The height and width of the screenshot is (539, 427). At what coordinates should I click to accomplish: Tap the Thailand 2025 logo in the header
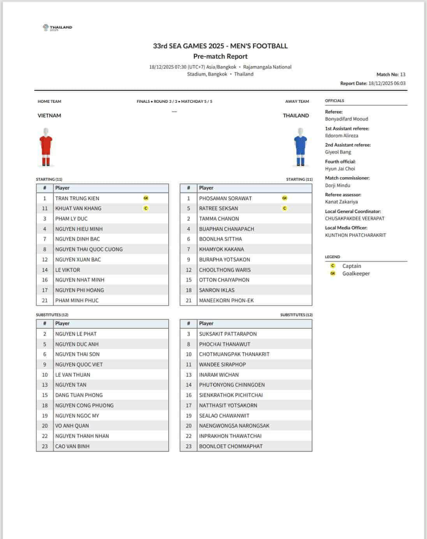[x=58, y=28]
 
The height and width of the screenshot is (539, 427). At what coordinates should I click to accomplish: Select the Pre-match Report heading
[x=220, y=56]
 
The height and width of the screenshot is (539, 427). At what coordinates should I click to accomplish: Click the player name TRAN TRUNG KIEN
[x=77, y=198]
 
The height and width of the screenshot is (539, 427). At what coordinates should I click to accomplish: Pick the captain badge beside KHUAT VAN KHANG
[x=146, y=208]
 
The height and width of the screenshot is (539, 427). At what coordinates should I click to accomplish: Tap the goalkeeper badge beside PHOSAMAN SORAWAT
[x=285, y=198]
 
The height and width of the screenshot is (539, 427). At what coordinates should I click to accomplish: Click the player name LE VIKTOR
[x=67, y=270]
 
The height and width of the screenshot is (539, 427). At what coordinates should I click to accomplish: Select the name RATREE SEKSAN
[x=219, y=209]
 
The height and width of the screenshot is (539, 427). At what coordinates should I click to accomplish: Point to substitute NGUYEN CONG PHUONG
[x=85, y=405]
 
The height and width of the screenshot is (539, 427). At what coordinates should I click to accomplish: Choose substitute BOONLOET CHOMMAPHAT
[x=231, y=446]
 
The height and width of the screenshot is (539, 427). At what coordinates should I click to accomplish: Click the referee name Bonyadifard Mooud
[x=346, y=119]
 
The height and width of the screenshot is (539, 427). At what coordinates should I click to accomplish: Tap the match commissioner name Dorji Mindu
[x=337, y=186]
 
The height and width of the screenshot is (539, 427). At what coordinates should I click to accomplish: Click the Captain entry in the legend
[x=351, y=266]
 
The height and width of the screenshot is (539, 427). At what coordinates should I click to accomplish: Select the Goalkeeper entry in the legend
[x=356, y=274]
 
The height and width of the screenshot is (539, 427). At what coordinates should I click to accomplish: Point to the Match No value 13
[x=403, y=74]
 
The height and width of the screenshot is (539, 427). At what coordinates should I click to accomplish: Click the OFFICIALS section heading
[x=334, y=101]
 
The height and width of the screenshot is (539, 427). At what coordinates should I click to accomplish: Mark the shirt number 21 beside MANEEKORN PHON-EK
[x=188, y=300]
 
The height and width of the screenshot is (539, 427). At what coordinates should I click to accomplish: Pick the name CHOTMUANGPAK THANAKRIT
[x=234, y=354]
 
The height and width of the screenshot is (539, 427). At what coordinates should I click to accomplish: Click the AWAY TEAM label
[x=297, y=102]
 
